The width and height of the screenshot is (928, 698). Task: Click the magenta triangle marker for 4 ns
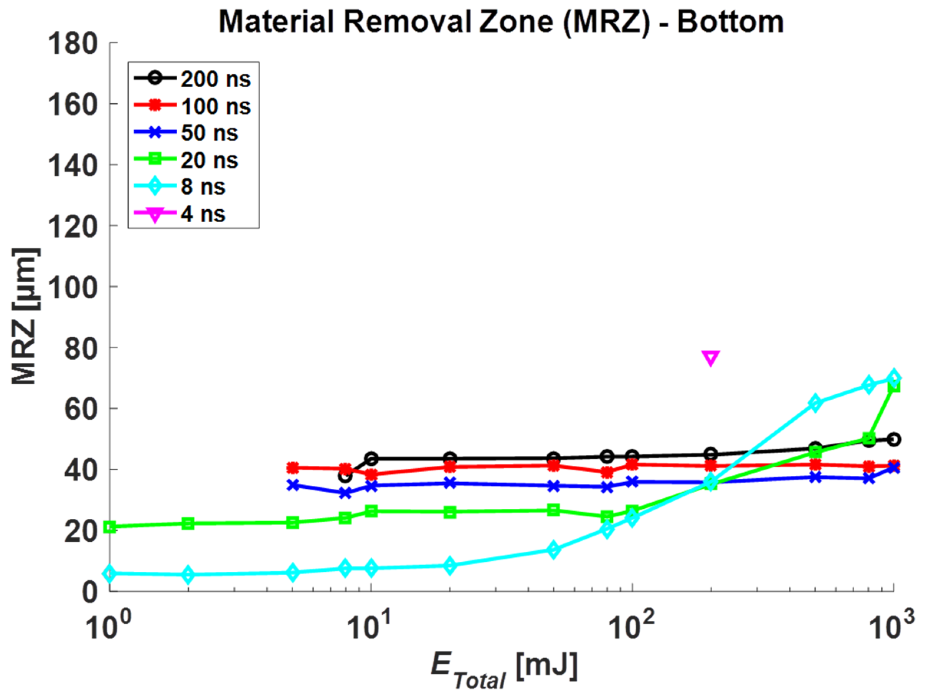tap(711, 357)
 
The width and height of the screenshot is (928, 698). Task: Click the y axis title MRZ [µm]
tap(25, 316)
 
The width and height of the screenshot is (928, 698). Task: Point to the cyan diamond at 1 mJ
tap(110, 573)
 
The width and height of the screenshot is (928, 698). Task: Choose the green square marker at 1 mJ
tap(110, 527)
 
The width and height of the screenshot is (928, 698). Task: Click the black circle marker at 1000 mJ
tap(893, 440)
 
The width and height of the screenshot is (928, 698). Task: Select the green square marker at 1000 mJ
tap(893, 386)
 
